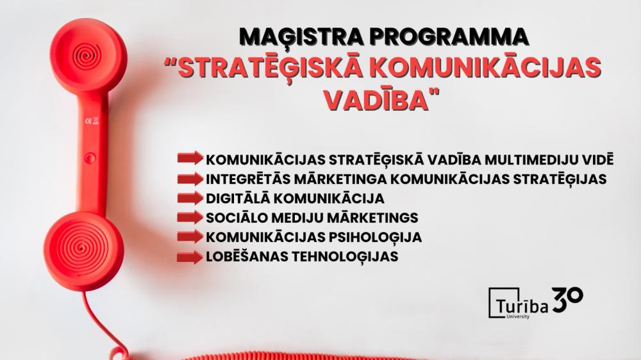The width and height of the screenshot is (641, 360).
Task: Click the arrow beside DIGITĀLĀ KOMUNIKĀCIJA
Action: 190,198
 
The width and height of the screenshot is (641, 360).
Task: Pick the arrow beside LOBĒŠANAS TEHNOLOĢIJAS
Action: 190,257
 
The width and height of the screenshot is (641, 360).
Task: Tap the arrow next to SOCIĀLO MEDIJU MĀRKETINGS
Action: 190,217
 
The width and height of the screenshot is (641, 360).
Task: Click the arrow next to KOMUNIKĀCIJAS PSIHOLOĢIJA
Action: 190,237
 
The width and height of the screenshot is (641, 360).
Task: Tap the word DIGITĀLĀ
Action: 238,199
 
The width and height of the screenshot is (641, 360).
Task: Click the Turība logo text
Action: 522,306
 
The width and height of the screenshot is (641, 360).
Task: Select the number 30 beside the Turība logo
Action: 567,299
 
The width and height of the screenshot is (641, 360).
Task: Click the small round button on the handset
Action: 90,158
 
